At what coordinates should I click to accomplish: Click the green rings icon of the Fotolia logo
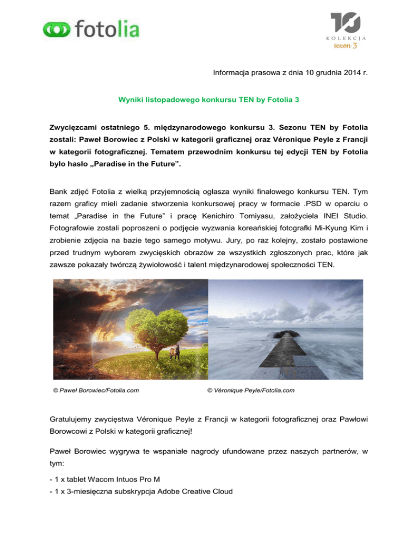coord(55,30)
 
